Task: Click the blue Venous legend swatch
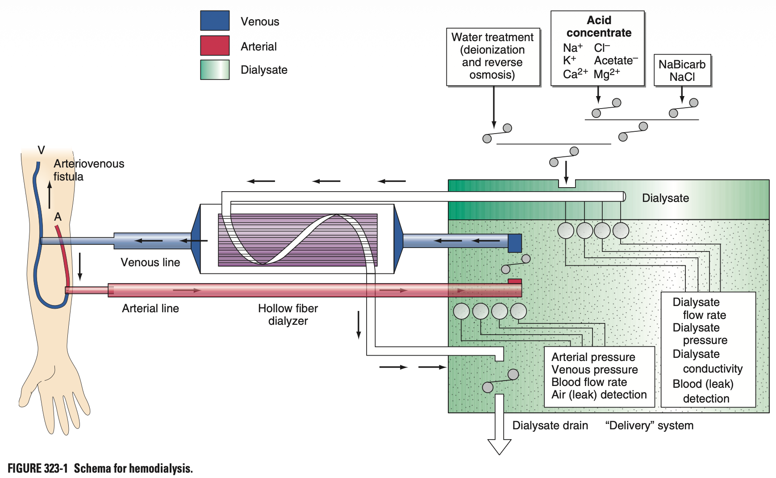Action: click(x=215, y=21)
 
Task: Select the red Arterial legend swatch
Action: click(x=215, y=46)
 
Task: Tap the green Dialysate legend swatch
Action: click(x=215, y=70)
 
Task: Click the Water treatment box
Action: click(x=492, y=56)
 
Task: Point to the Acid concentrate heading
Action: click(x=599, y=26)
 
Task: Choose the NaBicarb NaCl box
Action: click(x=682, y=70)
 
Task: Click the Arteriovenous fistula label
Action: click(x=88, y=170)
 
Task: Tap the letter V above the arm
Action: click(x=42, y=150)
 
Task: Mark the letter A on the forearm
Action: click(x=58, y=217)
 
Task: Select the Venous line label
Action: click(x=150, y=262)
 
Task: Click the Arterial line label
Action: click(x=150, y=308)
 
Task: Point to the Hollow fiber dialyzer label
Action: click(x=288, y=314)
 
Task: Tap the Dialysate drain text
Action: click(x=550, y=425)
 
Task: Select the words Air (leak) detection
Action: click(x=599, y=394)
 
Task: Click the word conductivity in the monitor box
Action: click(x=713, y=369)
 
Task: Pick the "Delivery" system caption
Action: click(x=649, y=425)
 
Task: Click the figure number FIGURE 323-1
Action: click(x=38, y=468)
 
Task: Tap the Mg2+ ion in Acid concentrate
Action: click(x=606, y=73)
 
